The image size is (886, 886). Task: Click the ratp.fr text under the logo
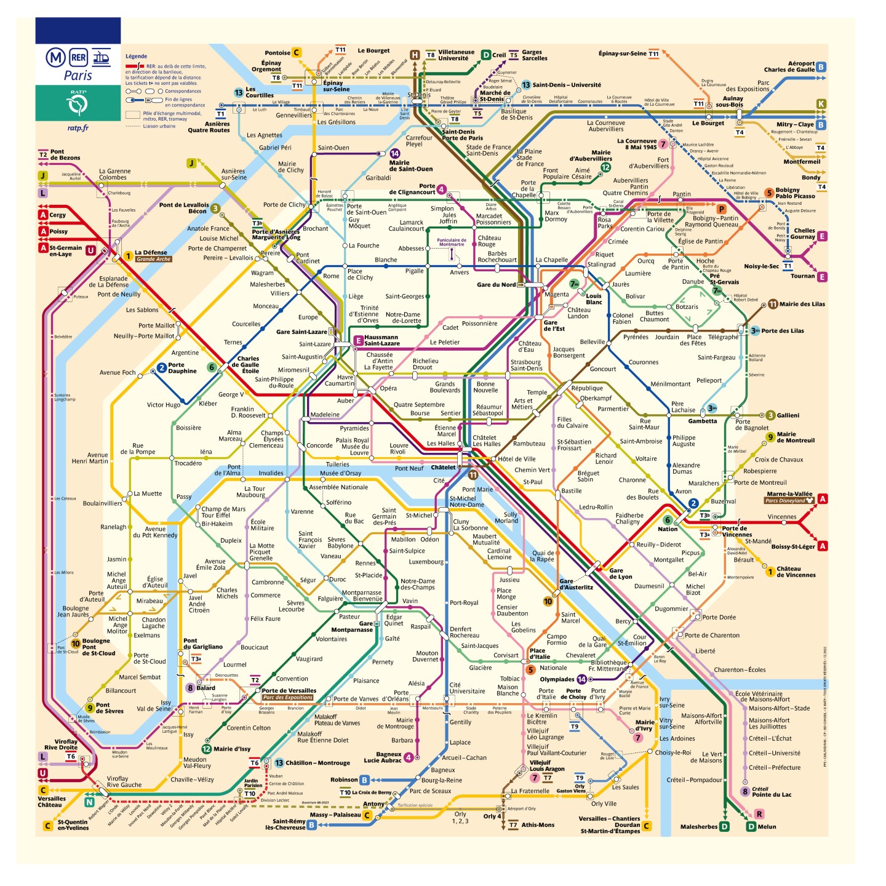point(78,128)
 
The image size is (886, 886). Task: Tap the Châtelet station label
point(443,468)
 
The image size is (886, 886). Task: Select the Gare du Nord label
point(496,285)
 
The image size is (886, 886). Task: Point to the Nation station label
point(668,529)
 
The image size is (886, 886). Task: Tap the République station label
point(587,388)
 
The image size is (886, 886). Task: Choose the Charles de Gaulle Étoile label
point(249,365)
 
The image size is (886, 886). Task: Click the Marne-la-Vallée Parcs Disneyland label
point(789,497)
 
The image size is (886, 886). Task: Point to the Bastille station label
point(571,491)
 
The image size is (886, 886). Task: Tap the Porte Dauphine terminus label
point(182,368)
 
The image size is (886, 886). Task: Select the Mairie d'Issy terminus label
point(232,749)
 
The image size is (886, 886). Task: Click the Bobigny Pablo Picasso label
point(796,193)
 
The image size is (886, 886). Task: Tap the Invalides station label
point(271,473)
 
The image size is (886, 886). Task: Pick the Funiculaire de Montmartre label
point(452,242)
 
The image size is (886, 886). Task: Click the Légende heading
point(136,56)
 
